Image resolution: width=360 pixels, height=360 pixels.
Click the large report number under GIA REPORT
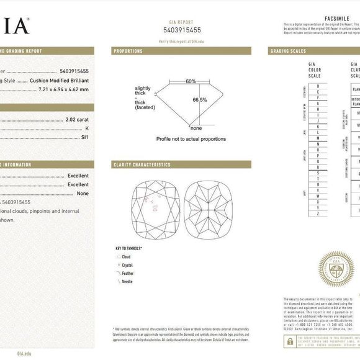(181, 30)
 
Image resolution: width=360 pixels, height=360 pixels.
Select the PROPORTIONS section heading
(128, 51)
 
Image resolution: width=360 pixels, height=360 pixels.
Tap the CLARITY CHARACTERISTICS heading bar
(142, 164)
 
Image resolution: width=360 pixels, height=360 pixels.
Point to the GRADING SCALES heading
(289, 51)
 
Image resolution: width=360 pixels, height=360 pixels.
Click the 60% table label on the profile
(190, 81)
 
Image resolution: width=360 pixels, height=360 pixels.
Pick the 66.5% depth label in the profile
(199, 99)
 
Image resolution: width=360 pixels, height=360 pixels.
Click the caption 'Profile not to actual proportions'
(191, 139)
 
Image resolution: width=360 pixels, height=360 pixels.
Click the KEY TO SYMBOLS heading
(128, 248)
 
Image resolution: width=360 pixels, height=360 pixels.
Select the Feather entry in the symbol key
(127, 273)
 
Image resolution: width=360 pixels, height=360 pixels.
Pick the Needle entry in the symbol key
(127, 281)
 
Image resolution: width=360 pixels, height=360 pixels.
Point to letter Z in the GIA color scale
(318, 213)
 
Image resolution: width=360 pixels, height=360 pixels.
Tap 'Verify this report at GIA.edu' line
(181, 41)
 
